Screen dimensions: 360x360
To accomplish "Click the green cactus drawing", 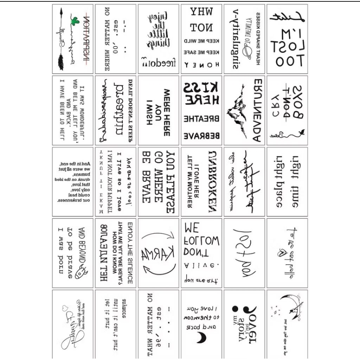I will point(74,22).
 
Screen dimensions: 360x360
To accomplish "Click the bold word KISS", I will point(201,87).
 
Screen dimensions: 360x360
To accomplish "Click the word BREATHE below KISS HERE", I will point(201,118).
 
